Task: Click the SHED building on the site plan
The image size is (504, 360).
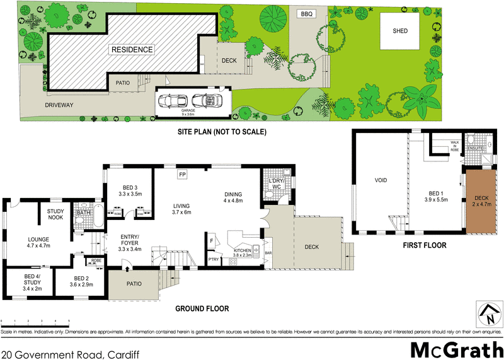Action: (400, 32)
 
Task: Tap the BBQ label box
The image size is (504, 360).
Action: (307, 13)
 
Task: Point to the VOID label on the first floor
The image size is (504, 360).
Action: (381, 180)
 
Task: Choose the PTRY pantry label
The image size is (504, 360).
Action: (214, 258)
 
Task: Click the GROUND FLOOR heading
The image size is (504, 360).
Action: (202, 309)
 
